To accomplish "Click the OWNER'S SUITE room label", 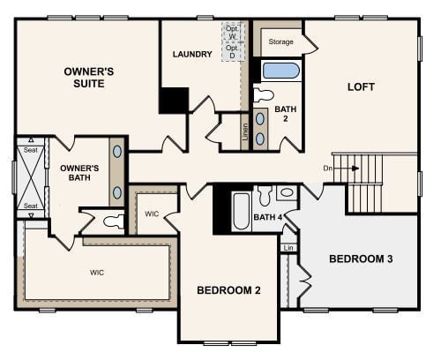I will [x=85, y=77].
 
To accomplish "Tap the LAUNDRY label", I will [x=192, y=55].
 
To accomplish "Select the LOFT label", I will [x=361, y=86].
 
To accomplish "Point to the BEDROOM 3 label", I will [x=361, y=259].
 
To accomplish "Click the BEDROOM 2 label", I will [x=228, y=290].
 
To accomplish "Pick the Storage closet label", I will [x=280, y=41].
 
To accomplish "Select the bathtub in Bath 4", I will [x=241, y=212].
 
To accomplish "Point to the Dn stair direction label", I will [x=327, y=167].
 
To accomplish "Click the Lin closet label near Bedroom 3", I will [x=288, y=248].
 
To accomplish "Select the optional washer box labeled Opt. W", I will [x=232, y=32].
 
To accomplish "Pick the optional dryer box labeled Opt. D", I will [x=232, y=52].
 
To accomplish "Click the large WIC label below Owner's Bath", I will [x=96, y=272].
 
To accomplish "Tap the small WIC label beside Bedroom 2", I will [x=152, y=214].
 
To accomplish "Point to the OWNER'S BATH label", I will [x=79, y=173].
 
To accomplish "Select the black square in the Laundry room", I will [x=174, y=100].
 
